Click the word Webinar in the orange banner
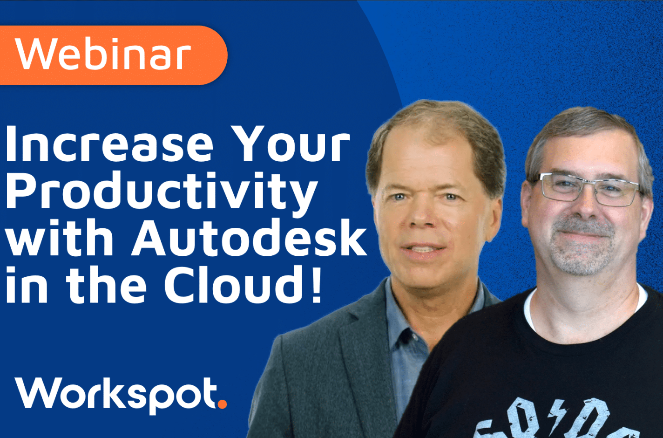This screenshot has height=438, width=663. tap(103, 55)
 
